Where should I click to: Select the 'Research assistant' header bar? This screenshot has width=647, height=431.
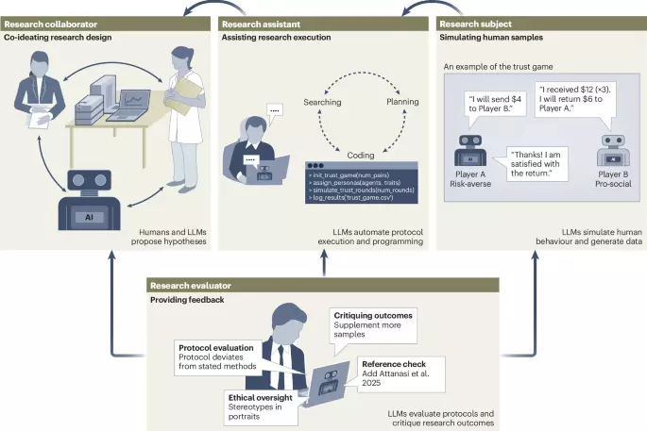point(323,24)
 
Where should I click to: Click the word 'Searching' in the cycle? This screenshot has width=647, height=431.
point(322,102)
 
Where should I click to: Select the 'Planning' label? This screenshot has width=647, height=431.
point(402,101)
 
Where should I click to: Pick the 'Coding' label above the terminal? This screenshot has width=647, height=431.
point(361,155)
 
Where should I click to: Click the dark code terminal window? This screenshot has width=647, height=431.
point(362,183)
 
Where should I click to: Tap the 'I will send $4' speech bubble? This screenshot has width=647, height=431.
point(495,104)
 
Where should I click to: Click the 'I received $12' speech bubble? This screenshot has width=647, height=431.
point(575,99)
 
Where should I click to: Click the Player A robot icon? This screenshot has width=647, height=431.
point(470,150)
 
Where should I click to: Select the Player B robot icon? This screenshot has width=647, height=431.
point(613,150)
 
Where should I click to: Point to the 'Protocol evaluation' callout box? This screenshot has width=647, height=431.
point(218,357)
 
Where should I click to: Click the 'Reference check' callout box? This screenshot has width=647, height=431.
point(401,373)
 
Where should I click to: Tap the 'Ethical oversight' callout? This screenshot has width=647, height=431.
point(261,407)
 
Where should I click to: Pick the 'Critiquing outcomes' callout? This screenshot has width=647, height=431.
point(373,325)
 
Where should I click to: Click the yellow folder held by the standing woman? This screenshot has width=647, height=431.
point(186,95)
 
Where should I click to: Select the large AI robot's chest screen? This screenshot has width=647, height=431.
point(89,217)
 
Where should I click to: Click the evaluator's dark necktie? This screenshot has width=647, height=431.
point(281,362)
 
